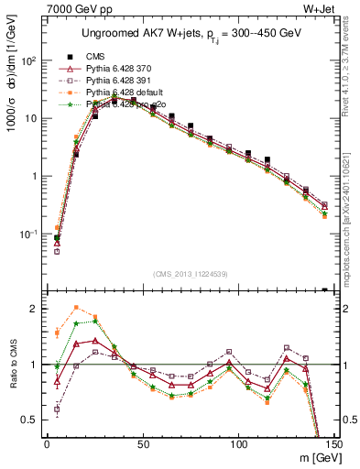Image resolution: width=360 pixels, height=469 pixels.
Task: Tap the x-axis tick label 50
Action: pyautogui.click(x=143, y=444)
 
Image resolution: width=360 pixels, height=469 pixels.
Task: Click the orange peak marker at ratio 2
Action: pyautogui.click(x=76, y=308)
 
